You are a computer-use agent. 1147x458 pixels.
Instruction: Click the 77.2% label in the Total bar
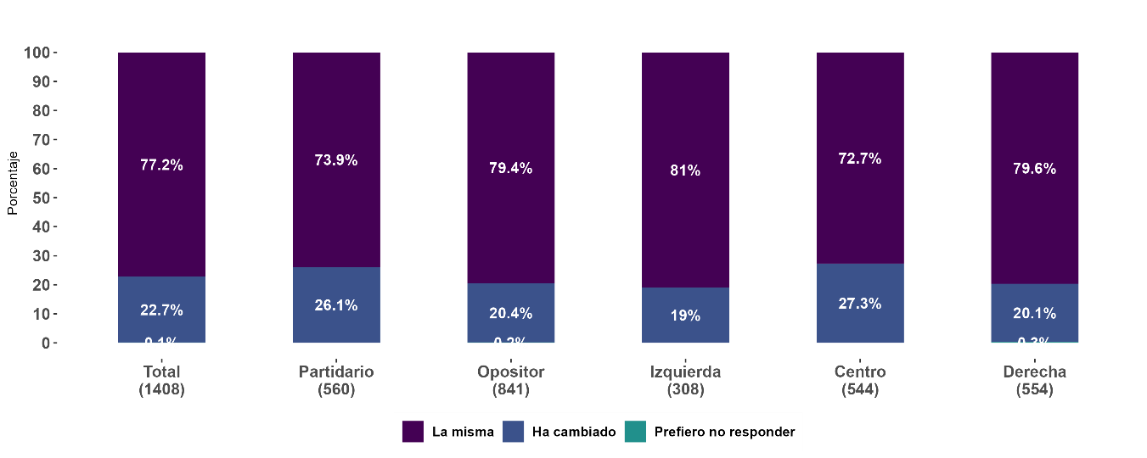(161, 165)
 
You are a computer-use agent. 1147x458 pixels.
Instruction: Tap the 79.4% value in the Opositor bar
(510, 168)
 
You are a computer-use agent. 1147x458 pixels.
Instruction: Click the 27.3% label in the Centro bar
(860, 304)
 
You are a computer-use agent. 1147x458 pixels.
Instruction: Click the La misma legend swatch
(413, 432)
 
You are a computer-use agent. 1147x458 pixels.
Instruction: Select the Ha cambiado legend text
(573, 432)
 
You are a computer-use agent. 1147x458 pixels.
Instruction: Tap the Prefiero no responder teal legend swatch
(635, 432)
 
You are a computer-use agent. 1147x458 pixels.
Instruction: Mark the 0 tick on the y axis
(47, 343)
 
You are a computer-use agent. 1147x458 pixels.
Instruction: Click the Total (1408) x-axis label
(161, 381)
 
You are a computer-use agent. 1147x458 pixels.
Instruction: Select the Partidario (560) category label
(336, 381)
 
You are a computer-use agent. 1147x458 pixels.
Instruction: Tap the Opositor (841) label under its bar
(510, 381)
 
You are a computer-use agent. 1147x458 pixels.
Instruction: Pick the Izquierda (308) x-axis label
(685, 381)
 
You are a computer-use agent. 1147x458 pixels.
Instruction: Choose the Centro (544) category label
(860, 381)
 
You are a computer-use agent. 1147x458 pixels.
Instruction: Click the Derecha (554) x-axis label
(1034, 381)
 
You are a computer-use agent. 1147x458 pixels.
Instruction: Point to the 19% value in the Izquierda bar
(685, 316)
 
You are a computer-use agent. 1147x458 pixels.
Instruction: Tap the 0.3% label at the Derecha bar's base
(1034, 343)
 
